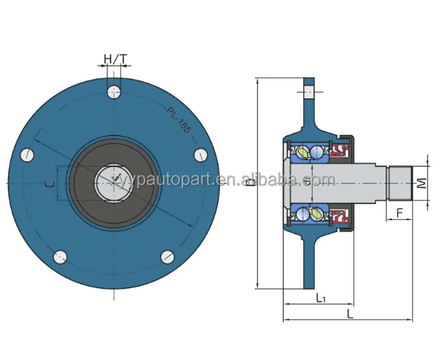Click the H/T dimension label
pos(115,59)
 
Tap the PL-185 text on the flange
pos(178,119)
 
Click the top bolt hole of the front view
pos(115,91)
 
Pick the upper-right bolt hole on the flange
pos(199,154)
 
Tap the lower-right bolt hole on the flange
pos(167,256)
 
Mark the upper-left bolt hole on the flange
pos(28,154)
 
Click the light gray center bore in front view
pos(114,182)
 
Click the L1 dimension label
pos(320,298)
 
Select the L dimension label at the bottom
pos(349,314)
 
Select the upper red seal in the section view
pos(341,150)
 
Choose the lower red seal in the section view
pos(341,215)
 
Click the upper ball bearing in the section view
pos(303,151)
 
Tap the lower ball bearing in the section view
pos(303,214)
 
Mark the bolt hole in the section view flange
pos(310,91)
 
